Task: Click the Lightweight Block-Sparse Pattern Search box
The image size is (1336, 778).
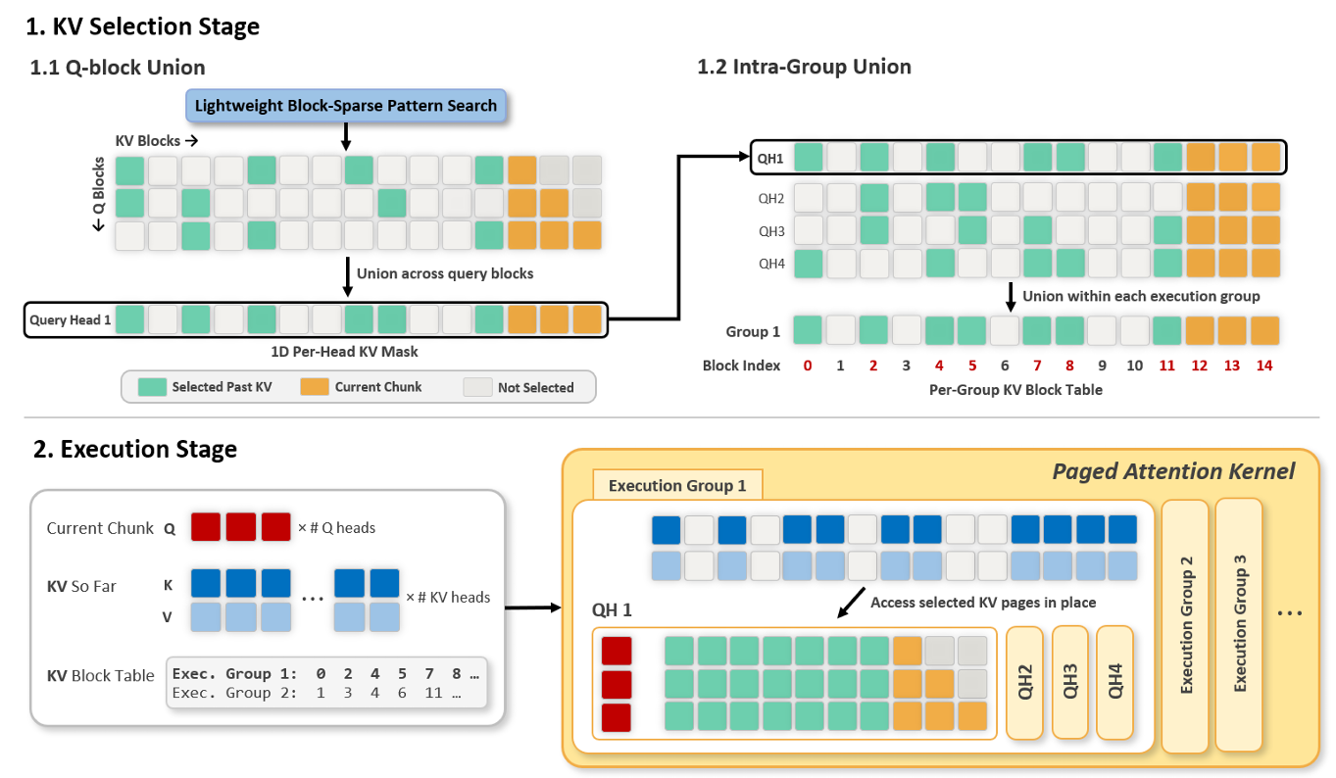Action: (x=346, y=106)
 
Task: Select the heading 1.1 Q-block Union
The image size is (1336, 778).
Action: (x=118, y=68)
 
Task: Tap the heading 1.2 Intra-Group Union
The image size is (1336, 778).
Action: (x=804, y=67)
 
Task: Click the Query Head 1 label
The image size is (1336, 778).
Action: (x=71, y=320)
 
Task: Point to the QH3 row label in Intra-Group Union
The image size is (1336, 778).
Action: (x=771, y=231)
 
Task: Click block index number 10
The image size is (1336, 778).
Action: (x=1134, y=365)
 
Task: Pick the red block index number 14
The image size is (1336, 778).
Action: (x=1264, y=365)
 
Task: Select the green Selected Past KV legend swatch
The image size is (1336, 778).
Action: (x=152, y=387)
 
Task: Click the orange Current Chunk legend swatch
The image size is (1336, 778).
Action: (x=315, y=387)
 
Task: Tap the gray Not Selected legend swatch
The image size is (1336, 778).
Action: (x=477, y=387)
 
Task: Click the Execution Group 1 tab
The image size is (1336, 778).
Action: (x=677, y=485)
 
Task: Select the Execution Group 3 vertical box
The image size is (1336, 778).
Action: (x=1239, y=624)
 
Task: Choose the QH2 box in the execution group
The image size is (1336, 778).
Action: (x=1024, y=682)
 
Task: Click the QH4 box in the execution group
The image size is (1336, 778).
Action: (x=1114, y=682)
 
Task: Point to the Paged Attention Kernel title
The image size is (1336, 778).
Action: (x=1173, y=471)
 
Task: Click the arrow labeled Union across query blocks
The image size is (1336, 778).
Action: (x=348, y=276)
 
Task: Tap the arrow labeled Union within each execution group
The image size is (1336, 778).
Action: (x=1011, y=297)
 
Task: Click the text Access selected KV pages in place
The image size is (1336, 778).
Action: (x=983, y=603)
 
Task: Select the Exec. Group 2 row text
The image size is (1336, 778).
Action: (x=317, y=694)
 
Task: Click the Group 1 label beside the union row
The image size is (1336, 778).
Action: (x=753, y=331)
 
